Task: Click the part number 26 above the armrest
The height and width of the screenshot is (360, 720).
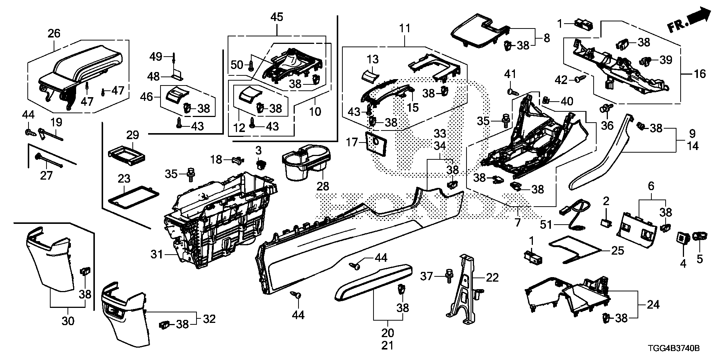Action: pos(54,34)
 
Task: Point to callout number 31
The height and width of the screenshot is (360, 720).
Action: pos(157,255)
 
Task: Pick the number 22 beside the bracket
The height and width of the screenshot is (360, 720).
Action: pos(492,278)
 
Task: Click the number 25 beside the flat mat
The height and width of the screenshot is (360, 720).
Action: pos(618,250)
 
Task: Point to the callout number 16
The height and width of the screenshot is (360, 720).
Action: pos(700,74)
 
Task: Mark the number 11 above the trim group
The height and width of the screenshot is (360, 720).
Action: pos(405,28)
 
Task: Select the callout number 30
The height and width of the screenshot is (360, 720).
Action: pos(68,321)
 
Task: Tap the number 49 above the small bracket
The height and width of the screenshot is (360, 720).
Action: pos(156,57)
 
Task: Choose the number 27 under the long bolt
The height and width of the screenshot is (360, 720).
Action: pos(46,175)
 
